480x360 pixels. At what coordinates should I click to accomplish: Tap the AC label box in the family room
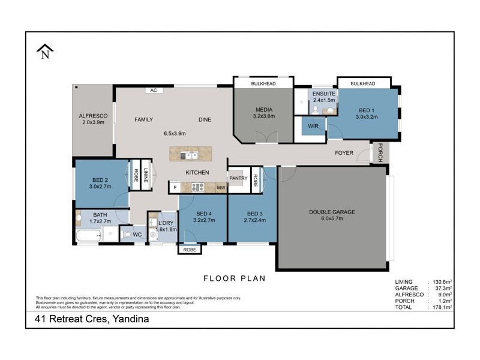(154, 91)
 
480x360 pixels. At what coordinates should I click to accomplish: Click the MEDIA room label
(264, 110)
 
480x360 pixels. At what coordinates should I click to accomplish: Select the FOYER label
(344, 153)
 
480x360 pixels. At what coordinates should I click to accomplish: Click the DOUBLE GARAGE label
(332, 212)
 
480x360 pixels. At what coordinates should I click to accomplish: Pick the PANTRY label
(238, 178)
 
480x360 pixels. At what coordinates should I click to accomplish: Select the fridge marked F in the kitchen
(175, 188)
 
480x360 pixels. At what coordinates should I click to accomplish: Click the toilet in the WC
(127, 235)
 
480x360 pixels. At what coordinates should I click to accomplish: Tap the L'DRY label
(167, 223)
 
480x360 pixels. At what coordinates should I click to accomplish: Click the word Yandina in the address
(128, 320)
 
